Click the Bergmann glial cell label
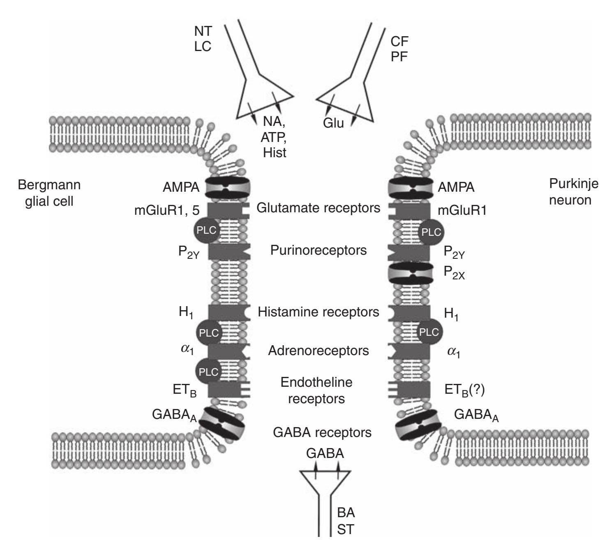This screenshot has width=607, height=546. click(x=49, y=193)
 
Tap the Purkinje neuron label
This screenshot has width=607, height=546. click(x=573, y=192)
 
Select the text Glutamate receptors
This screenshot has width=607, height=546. click(x=318, y=208)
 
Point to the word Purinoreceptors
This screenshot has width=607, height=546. click(x=318, y=250)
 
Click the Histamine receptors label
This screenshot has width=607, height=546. click(x=318, y=312)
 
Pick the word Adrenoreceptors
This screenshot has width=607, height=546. click(x=318, y=351)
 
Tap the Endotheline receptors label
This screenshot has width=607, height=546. click(x=316, y=390)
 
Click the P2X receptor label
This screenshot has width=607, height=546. click(x=454, y=273)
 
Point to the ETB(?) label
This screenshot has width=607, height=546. click(x=465, y=390)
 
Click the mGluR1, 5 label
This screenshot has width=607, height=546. click(x=167, y=211)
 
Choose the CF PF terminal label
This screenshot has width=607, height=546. click(x=399, y=48)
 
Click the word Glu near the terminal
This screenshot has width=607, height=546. click(x=333, y=123)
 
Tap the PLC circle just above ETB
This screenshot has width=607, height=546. click(x=208, y=372)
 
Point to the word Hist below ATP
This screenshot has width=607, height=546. click(x=275, y=153)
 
